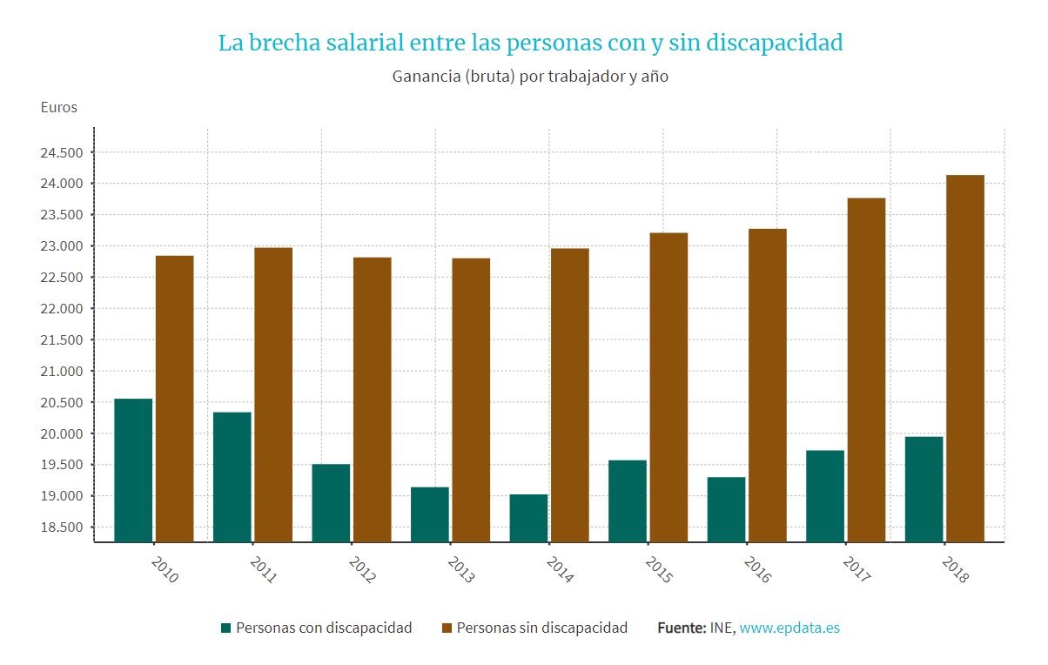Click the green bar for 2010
coord(133,470)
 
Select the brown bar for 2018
coord(964,358)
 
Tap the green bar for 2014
coord(528,518)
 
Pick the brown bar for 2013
coord(471,400)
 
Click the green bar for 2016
coord(726,509)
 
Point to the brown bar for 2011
coord(273,394)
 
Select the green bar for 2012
coord(331,502)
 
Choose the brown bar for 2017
coord(866,370)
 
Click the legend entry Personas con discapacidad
coord(323,628)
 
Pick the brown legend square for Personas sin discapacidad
coord(447,628)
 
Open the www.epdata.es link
coord(789,628)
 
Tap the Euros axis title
coord(59,108)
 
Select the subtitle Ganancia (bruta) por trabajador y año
coord(530,77)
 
